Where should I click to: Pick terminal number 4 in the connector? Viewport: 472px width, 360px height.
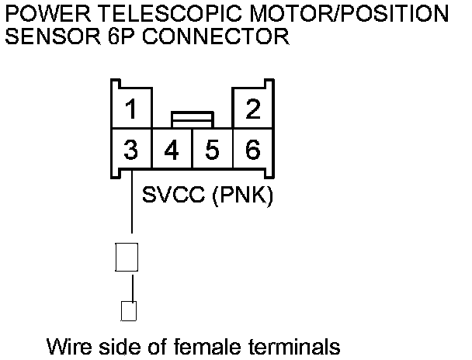click(172, 149)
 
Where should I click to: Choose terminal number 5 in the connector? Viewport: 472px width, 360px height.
click(212, 149)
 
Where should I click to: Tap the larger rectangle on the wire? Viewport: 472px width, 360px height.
click(127, 257)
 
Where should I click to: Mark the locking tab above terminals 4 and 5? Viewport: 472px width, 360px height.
click(193, 119)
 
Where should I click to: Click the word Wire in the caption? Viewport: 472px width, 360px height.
click(67, 345)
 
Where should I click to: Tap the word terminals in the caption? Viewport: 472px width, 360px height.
click(292, 345)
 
